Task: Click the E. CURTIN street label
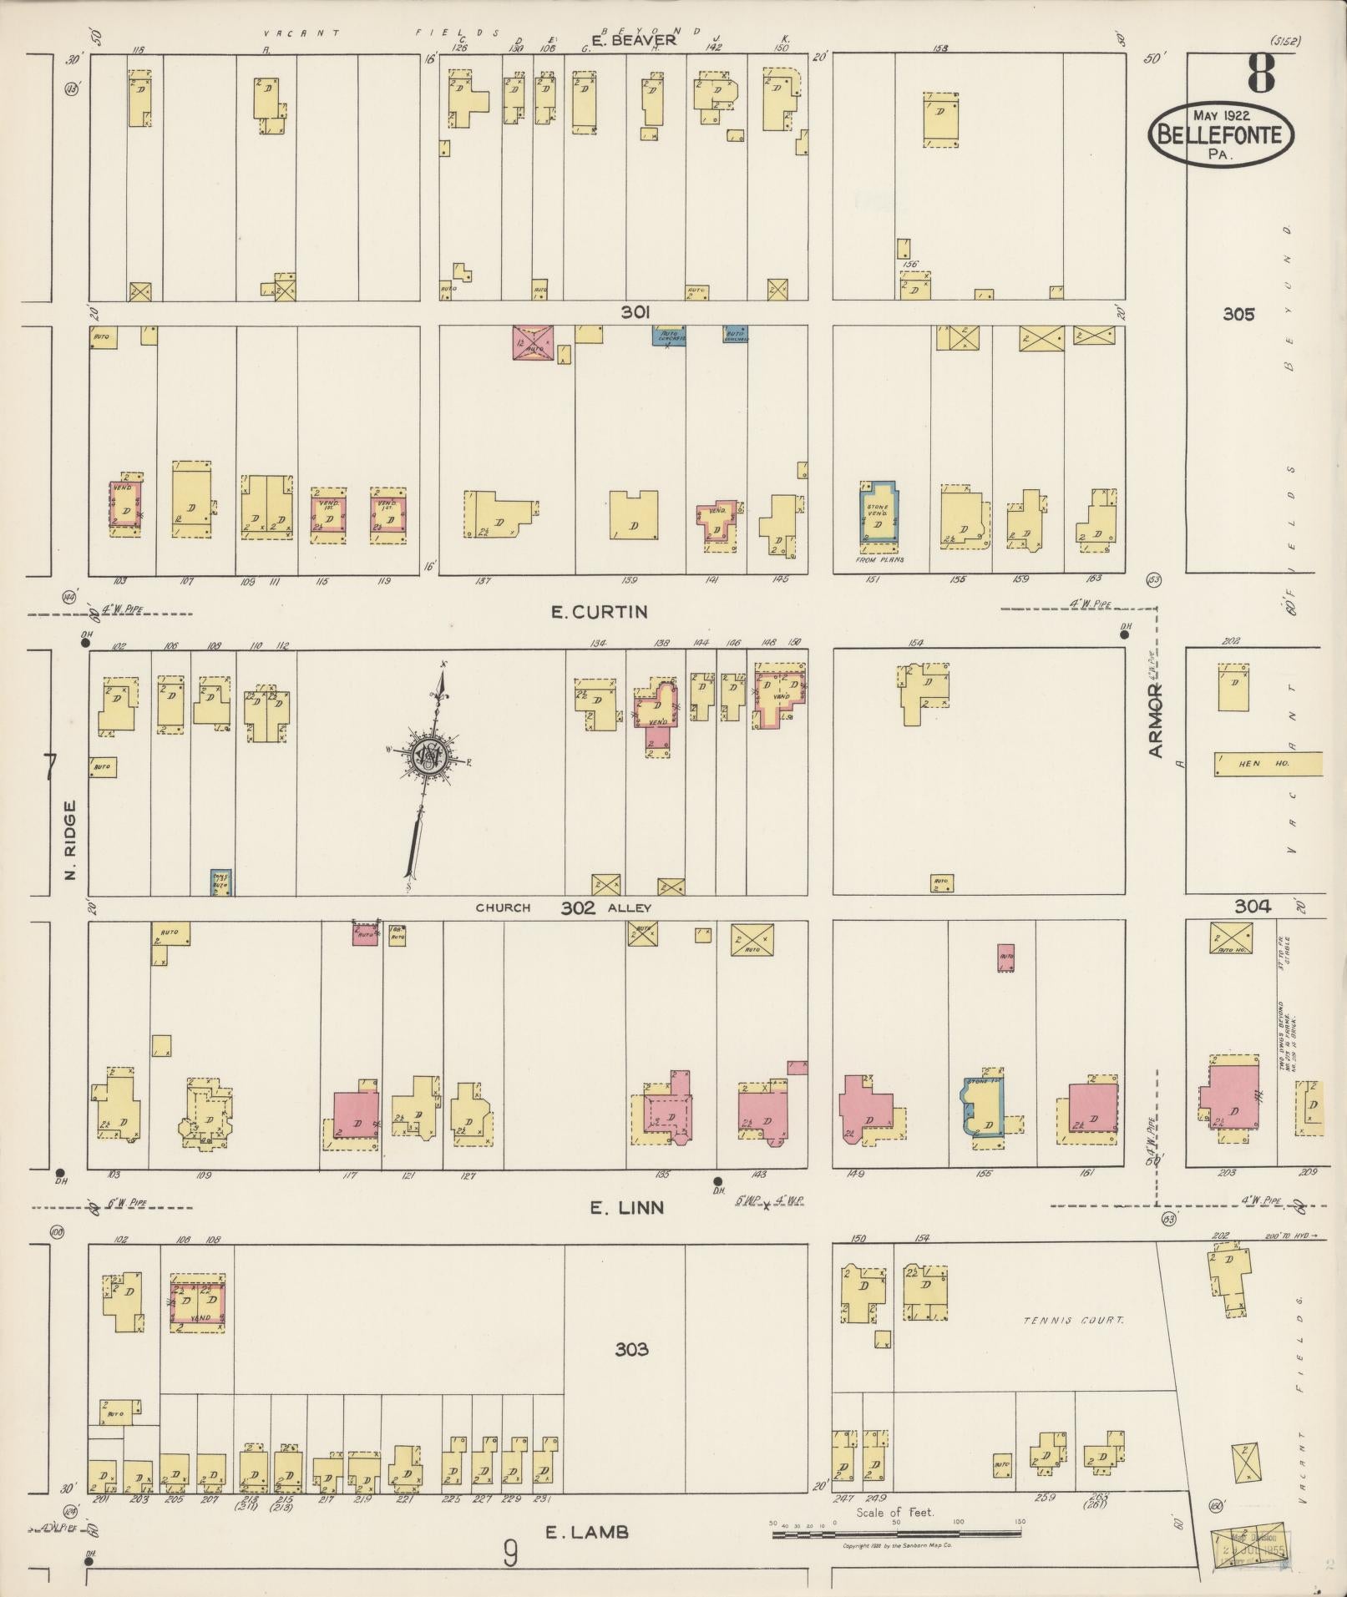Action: [599, 612]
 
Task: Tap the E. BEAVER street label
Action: [633, 39]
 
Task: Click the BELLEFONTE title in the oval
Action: [1221, 134]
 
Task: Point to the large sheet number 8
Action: [1261, 73]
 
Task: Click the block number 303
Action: [631, 1349]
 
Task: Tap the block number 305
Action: [1238, 314]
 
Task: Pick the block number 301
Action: [635, 312]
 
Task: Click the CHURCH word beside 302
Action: [503, 907]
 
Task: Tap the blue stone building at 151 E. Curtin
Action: [879, 513]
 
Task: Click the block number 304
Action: [1253, 906]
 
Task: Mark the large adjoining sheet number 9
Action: [510, 1554]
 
